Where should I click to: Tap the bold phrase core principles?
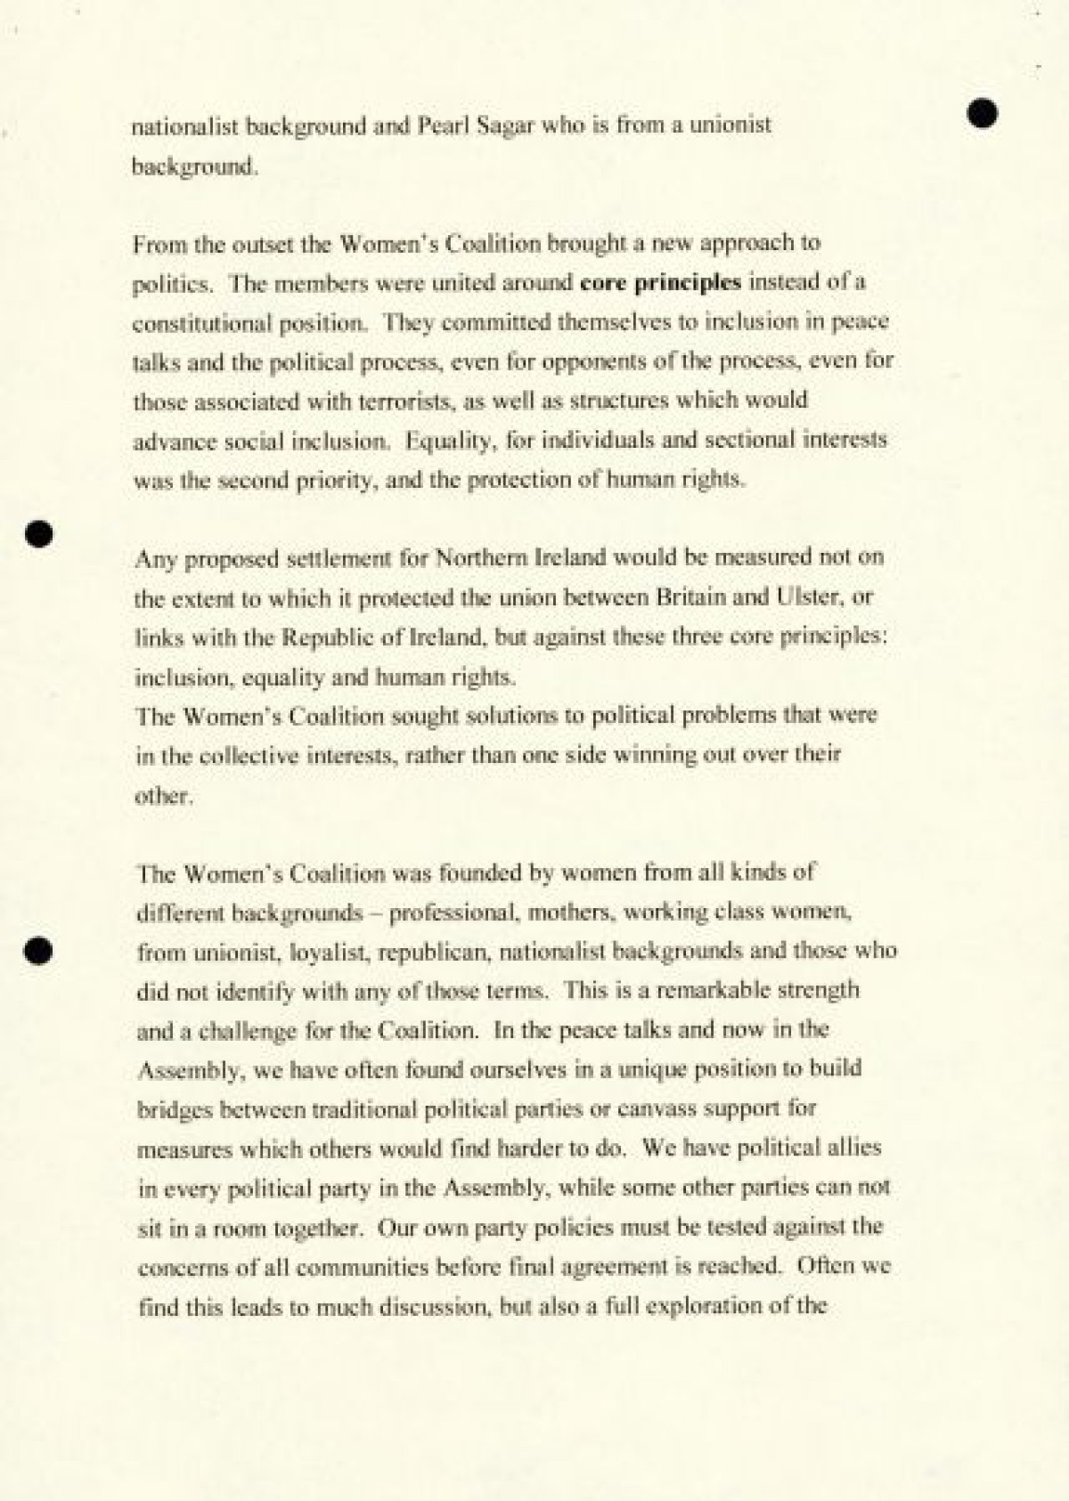tap(660, 282)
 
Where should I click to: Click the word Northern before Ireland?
tap(479, 558)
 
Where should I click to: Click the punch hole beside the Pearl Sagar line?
tap(982, 113)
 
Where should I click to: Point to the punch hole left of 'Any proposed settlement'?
tap(40, 532)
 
